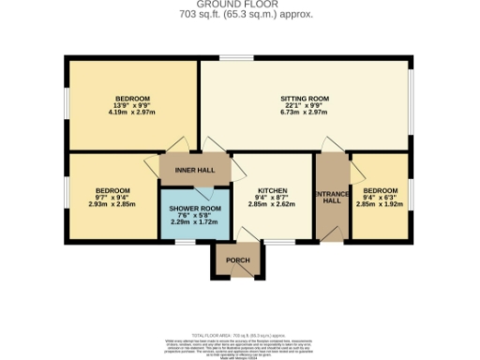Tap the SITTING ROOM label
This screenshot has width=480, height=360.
306,97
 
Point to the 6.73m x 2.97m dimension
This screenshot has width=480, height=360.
306,111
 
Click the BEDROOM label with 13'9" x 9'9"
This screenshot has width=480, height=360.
132,98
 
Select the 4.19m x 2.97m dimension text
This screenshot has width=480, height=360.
132,112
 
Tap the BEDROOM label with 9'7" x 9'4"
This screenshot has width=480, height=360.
105,190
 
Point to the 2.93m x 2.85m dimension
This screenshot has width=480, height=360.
105,203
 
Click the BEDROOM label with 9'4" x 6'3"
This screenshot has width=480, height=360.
380,189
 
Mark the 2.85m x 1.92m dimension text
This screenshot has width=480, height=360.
380,203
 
